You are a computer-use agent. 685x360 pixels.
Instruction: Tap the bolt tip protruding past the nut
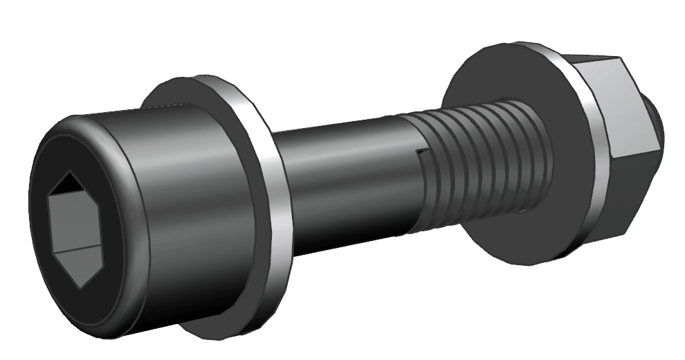pyautogui.click(x=656, y=125)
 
